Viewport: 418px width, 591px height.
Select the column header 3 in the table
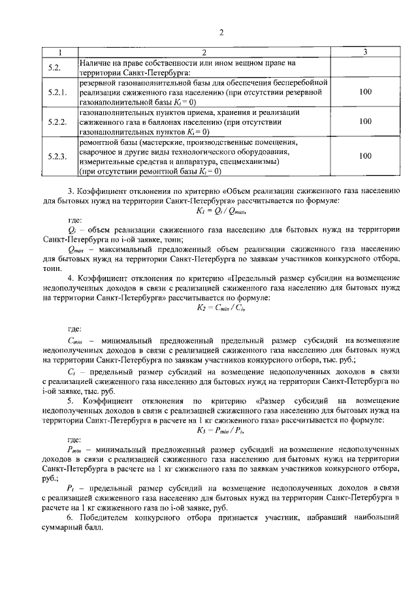tap(364, 52)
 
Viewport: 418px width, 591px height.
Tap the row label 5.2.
tap(55, 68)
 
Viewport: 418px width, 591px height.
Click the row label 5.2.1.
tap(58, 93)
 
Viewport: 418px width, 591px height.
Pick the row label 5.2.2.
tap(58, 122)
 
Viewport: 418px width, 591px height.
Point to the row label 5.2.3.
tap(58, 156)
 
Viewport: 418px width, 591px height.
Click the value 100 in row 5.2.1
tap(365, 93)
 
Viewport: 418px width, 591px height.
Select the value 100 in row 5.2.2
tap(365, 121)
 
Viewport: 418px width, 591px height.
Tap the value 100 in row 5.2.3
tap(365, 156)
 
